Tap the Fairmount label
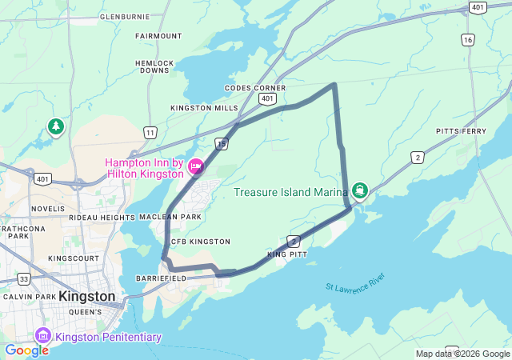[158, 36]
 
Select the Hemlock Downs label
[154, 66]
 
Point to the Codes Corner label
[255, 88]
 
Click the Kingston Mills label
[204, 108]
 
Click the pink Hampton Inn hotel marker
[196, 166]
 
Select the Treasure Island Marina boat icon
[360, 190]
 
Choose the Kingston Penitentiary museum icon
[43, 337]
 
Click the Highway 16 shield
[468, 39]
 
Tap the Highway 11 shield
[150, 131]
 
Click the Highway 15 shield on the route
[222, 142]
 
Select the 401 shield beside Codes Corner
[268, 98]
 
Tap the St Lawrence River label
[355, 282]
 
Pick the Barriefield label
[161, 278]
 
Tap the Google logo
[27, 350]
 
